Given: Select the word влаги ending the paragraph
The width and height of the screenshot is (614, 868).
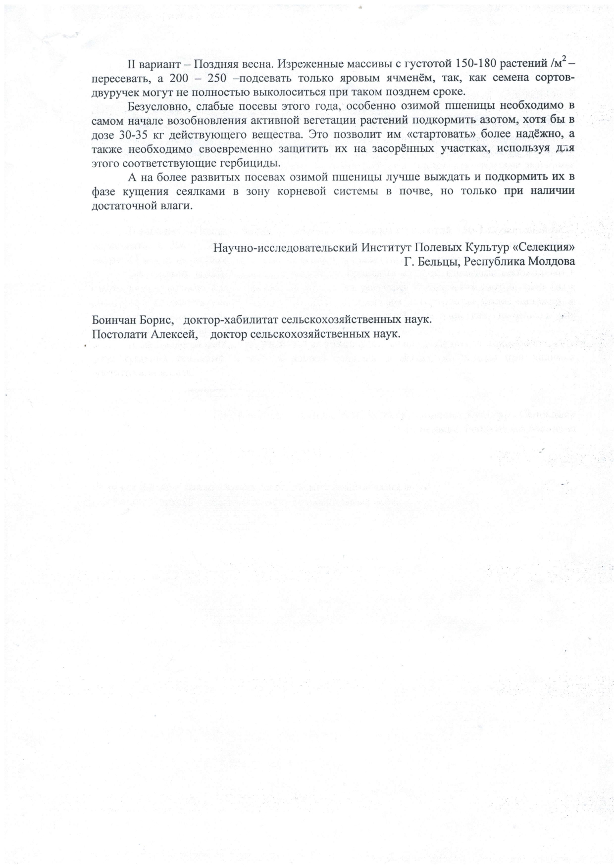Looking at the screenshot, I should (x=177, y=206).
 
